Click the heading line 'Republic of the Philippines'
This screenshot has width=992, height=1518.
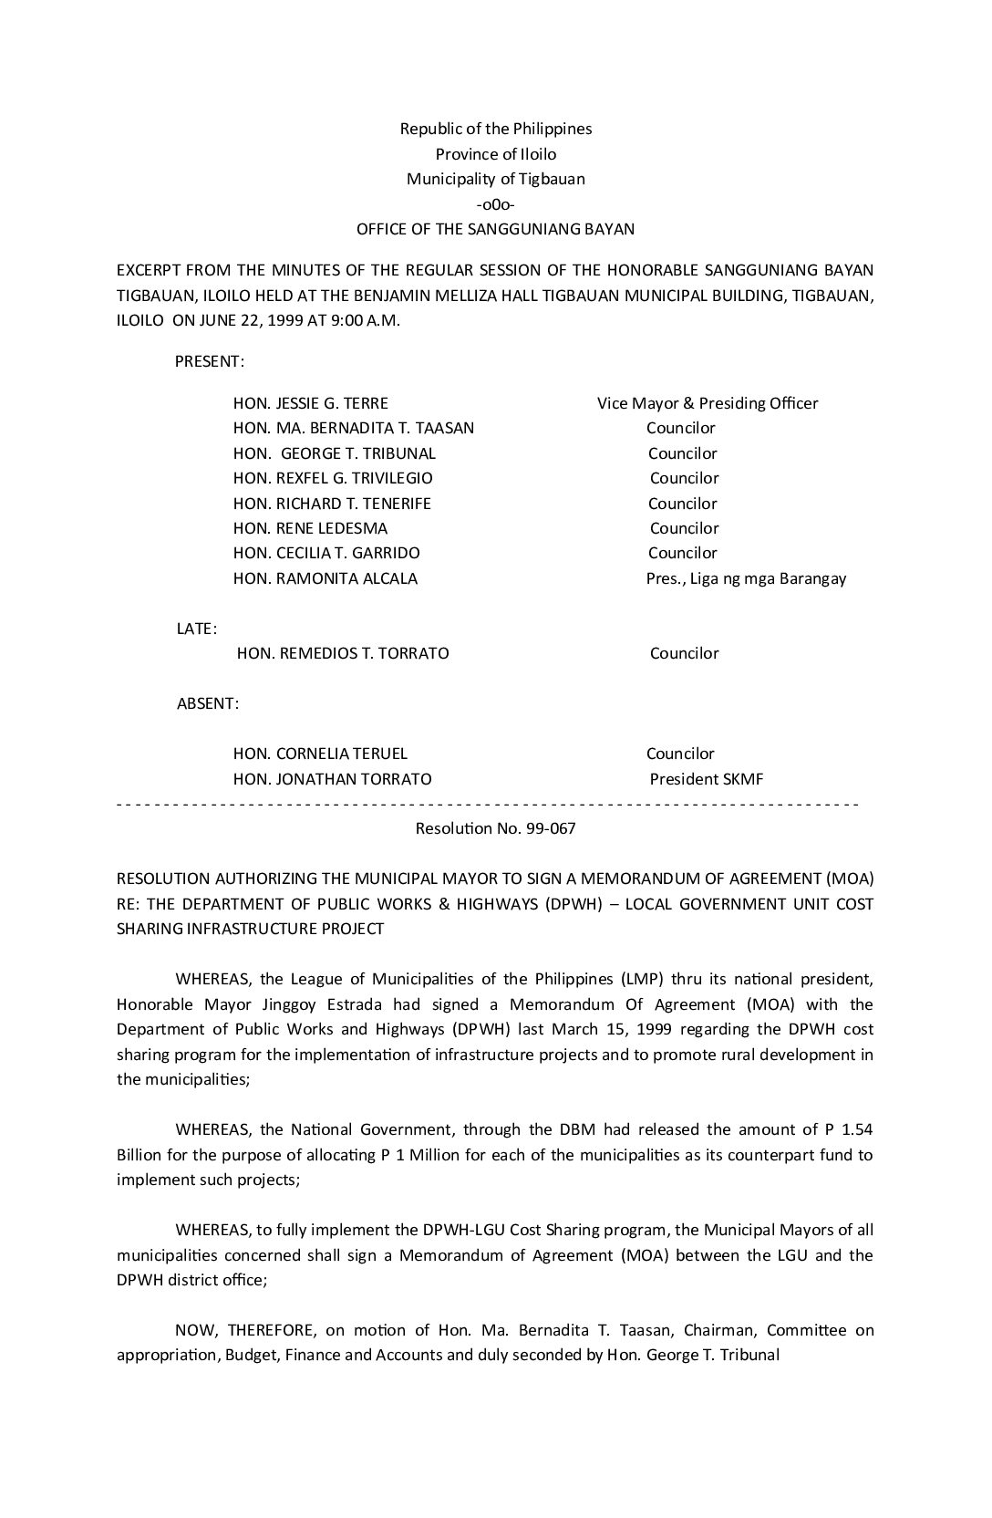(x=496, y=129)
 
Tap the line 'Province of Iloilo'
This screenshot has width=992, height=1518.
(x=496, y=154)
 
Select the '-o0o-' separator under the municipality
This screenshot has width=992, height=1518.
(x=496, y=204)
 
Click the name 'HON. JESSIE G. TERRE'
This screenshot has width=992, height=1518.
(x=311, y=403)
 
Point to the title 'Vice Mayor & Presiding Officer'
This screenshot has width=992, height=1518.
(x=708, y=403)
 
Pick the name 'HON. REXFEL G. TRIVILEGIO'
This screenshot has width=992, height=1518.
(x=333, y=478)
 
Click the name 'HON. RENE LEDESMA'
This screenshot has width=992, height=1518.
(x=310, y=528)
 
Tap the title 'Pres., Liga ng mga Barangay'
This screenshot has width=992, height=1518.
(x=746, y=578)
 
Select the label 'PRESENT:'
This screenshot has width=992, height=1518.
(x=209, y=361)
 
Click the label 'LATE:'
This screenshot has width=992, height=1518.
(x=196, y=629)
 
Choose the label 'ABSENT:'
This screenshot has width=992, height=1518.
(x=208, y=703)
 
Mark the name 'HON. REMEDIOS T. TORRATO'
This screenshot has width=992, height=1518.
(x=343, y=653)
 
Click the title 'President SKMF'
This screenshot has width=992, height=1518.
(x=707, y=779)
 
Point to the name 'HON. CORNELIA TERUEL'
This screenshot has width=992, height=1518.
(x=320, y=754)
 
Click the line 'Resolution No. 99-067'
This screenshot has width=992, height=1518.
(x=496, y=829)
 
